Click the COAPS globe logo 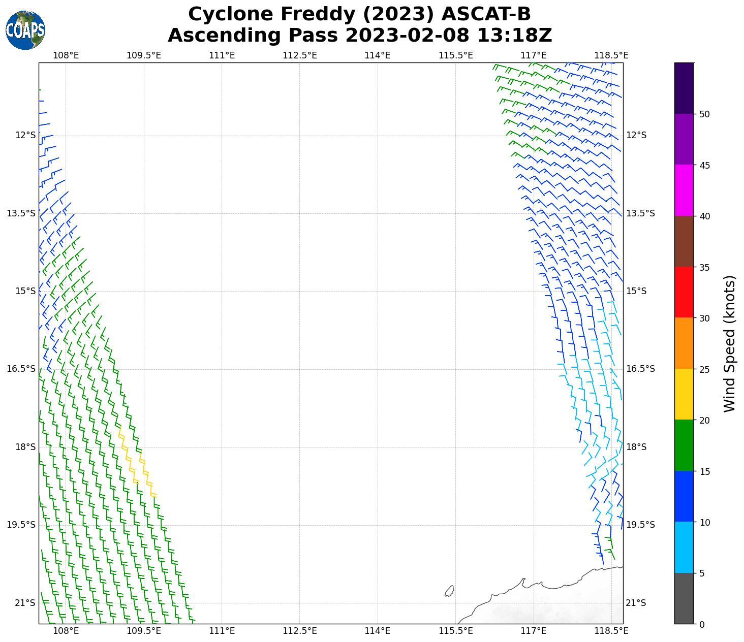click(25, 30)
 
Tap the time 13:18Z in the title click(514, 36)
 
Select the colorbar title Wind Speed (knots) click(729, 344)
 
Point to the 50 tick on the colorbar click(704, 114)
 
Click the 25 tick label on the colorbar click(704, 369)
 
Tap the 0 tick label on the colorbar click(702, 624)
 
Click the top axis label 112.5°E click(299, 55)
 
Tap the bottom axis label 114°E click(378, 631)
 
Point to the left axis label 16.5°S click(21, 369)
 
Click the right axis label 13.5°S click(640, 213)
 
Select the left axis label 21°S click(25, 603)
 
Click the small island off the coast click(449, 591)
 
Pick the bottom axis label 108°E click(66, 631)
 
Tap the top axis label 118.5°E click(611, 55)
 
